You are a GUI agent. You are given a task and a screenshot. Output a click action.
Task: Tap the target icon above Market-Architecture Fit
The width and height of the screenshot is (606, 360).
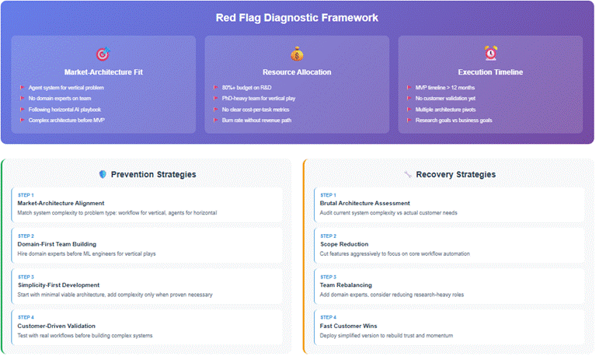[103, 54]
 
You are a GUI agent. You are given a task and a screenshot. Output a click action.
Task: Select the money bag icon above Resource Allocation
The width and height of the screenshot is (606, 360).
[297, 54]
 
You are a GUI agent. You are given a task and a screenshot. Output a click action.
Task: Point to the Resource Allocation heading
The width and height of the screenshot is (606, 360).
[297, 72]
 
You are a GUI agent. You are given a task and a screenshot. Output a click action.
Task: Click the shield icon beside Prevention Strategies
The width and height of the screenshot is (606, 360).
[103, 174]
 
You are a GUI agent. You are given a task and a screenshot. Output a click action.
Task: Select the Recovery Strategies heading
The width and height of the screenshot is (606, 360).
[456, 174]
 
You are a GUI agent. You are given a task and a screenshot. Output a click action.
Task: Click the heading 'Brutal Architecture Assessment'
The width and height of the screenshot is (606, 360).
[365, 202]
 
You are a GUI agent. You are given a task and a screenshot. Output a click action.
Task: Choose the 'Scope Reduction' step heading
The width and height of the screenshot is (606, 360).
[345, 243]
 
